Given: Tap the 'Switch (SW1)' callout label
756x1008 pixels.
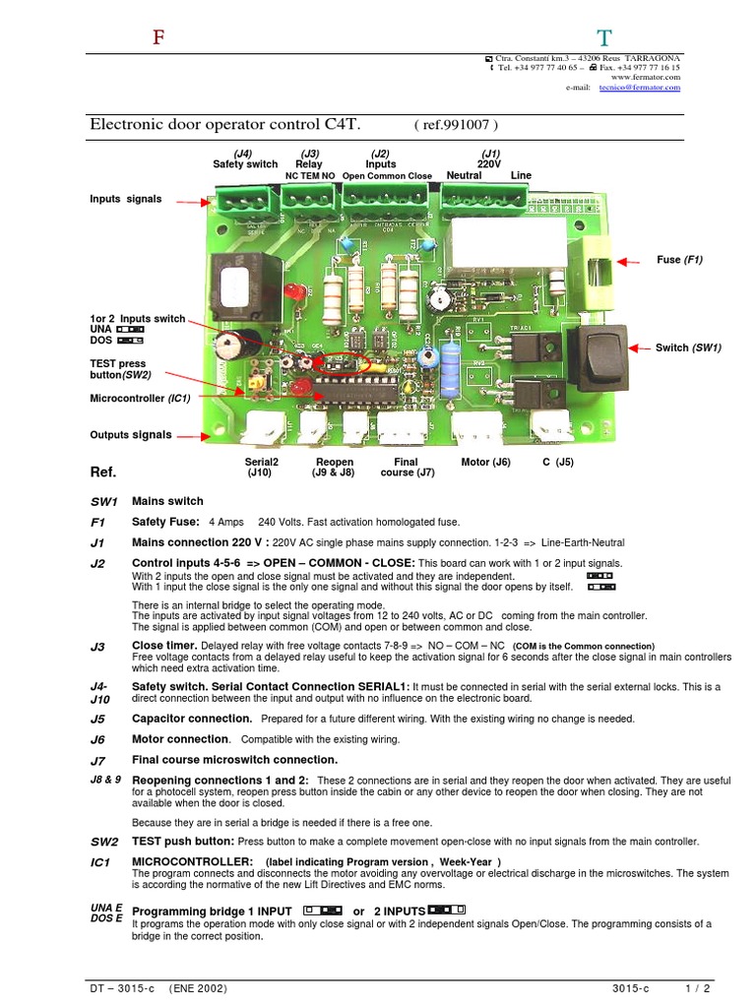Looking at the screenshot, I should (x=688, y=347).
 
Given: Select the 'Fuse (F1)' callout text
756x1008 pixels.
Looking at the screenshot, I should (x=680, y=260).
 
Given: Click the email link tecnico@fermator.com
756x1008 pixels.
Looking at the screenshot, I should (x=639, y=87).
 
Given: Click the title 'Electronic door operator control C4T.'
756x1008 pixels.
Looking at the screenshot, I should (x=226, y=125).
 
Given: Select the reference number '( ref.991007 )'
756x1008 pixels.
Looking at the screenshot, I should (x=456, y=125).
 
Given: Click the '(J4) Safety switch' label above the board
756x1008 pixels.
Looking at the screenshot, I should (x=244, y=158).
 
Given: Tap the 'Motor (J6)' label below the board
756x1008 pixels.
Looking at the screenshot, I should (x=485, y=461).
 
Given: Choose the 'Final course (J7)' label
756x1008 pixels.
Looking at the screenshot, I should (x=405, y=467).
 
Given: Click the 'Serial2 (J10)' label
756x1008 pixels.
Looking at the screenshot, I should (x=261, y=467).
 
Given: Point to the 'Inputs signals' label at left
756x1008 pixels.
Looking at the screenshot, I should (x=125, y=199).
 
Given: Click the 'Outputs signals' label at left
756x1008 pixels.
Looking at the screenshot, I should (x=130, y=434).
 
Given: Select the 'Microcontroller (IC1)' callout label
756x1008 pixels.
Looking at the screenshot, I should (x=139, y=398).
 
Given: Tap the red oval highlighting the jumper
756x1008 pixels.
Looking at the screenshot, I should (x=346, y=363).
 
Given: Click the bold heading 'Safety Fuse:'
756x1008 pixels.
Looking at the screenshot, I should (x=165, y=522).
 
